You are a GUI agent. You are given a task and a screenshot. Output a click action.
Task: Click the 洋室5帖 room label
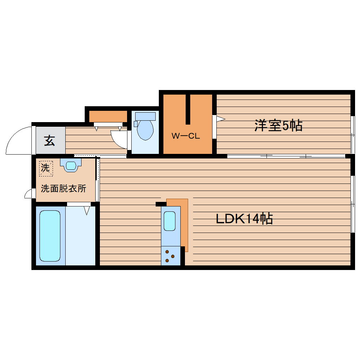click(x=278, y=125)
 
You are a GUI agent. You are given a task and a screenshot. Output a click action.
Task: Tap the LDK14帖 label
click(x=244, y=219)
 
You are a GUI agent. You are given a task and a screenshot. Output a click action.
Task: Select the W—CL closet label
click(x=186, y=136)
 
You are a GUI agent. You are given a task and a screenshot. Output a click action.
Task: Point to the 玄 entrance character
click(x=50, y=140)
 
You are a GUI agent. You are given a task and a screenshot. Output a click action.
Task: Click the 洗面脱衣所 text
click(x=64, y=188)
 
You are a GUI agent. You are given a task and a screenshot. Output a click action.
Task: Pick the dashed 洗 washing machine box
click(x=46, y=168)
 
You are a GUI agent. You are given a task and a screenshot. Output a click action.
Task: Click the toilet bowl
click(x=145, y=130)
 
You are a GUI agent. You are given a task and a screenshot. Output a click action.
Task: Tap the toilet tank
click(x=145, y=116)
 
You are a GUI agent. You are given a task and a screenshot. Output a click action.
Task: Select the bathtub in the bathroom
click(x=50, y=236)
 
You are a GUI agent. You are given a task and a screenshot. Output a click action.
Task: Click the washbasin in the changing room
click(x=71, y=165)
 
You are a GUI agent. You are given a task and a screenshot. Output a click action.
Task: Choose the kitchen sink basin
click(x=170, y=221)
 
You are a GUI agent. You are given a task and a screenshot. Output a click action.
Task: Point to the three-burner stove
click(x=170, y=257)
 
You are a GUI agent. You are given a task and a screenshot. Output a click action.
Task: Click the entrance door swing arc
click(x=18, y=139)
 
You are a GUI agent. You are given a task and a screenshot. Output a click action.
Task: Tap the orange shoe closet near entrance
click(x=108, y=116)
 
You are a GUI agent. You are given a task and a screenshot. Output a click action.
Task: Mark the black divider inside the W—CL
click(x=188, y=109)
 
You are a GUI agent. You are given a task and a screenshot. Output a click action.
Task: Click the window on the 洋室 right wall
click(x=352, y=134)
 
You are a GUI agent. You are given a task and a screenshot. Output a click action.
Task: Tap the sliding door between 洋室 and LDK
click(x=286, y=156)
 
